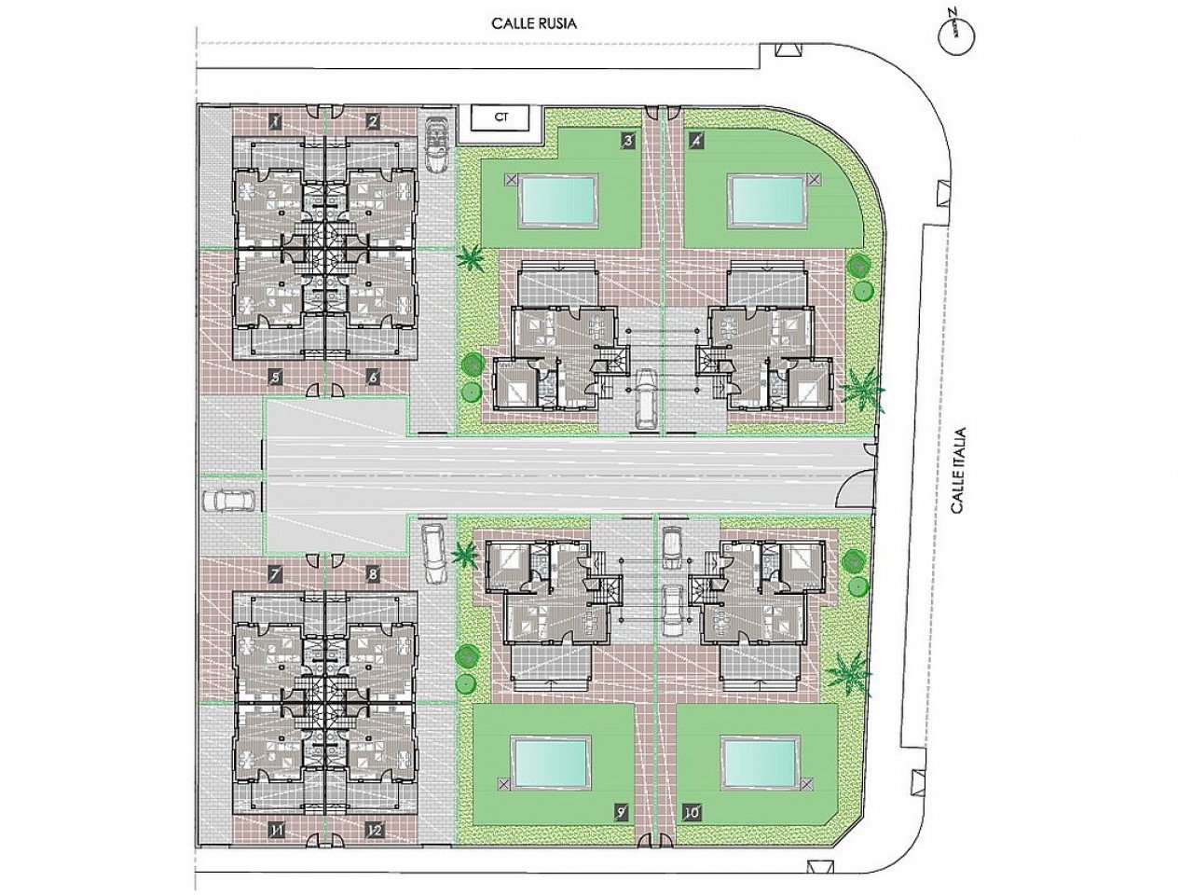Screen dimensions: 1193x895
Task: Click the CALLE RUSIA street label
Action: (533, 24)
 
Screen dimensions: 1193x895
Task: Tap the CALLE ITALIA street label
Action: (958, 471)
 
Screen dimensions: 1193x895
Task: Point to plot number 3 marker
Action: (628, 141)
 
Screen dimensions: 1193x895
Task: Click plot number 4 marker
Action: (696, 141)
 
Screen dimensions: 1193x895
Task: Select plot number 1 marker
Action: (276, 122)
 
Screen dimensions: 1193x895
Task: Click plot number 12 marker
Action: (374, 845)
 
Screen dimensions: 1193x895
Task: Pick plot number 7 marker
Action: (276, 573)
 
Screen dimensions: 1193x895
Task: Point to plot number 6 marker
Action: (372, 378)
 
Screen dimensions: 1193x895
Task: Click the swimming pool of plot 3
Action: (557, 200)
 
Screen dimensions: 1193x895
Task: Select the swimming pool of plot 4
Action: (766, 200)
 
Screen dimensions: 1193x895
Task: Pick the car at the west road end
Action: (229, 501)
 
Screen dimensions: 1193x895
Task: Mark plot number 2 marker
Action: (372, 122)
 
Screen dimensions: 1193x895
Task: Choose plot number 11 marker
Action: (277, 845)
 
